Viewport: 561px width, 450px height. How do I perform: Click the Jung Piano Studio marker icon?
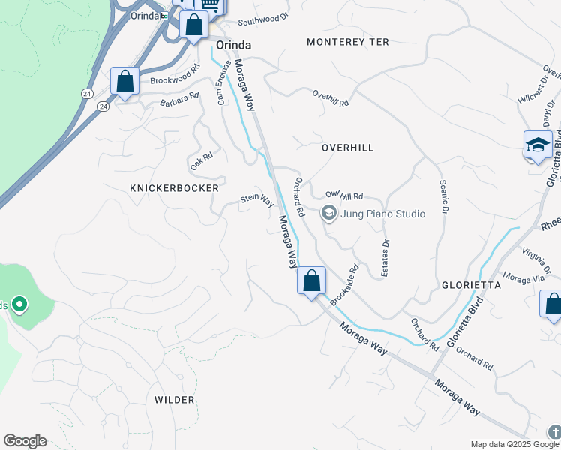(328, 214)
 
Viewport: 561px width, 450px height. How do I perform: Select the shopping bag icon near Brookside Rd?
(311, 281)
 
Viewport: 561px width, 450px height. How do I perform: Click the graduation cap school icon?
(538, 145)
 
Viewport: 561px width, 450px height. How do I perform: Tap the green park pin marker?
(19, 304)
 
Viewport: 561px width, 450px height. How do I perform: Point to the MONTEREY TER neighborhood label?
(348, 42)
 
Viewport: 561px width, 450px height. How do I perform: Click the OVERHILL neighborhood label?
(347, 148)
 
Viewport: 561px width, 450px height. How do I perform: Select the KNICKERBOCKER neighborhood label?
(174, 187)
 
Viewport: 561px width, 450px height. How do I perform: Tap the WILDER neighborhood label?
(175, 400)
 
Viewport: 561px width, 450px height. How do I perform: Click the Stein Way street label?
(257, 199)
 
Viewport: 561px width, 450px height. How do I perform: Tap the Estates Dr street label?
(385, 258)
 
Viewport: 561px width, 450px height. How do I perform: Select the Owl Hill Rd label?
(343, 195)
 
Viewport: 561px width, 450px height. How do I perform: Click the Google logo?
(25, 441)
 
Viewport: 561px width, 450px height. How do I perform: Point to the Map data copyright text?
(515, 444)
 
